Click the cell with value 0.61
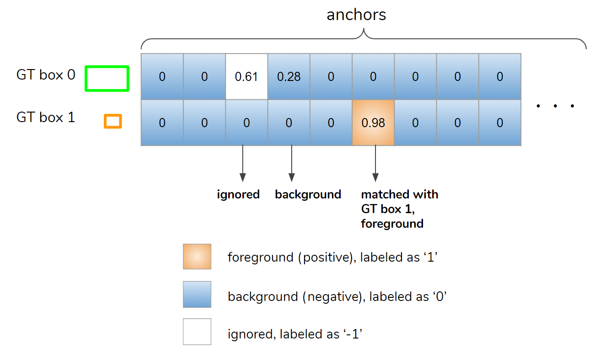tap(246, 77)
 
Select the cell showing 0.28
tap(289, 77)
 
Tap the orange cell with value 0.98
tap(373, 123)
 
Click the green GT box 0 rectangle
tap(107, 78)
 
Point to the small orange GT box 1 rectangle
tap(112, 121)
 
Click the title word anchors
tap(356, 15)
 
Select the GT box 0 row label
tap(46, 75)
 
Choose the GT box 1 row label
tap(46, 118)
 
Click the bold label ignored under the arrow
tap(238, 194)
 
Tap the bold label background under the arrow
tap(308, 194)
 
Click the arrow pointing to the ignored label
tap(243, 163)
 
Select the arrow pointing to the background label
tap(292, 163)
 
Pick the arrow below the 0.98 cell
tap(375, 163)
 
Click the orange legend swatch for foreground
tap(197, 257)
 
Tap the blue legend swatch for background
tap(197, 294)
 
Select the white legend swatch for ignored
tap(197, 332)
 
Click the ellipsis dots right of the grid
tap(555, 107)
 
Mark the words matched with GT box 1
tap(399, 202)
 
